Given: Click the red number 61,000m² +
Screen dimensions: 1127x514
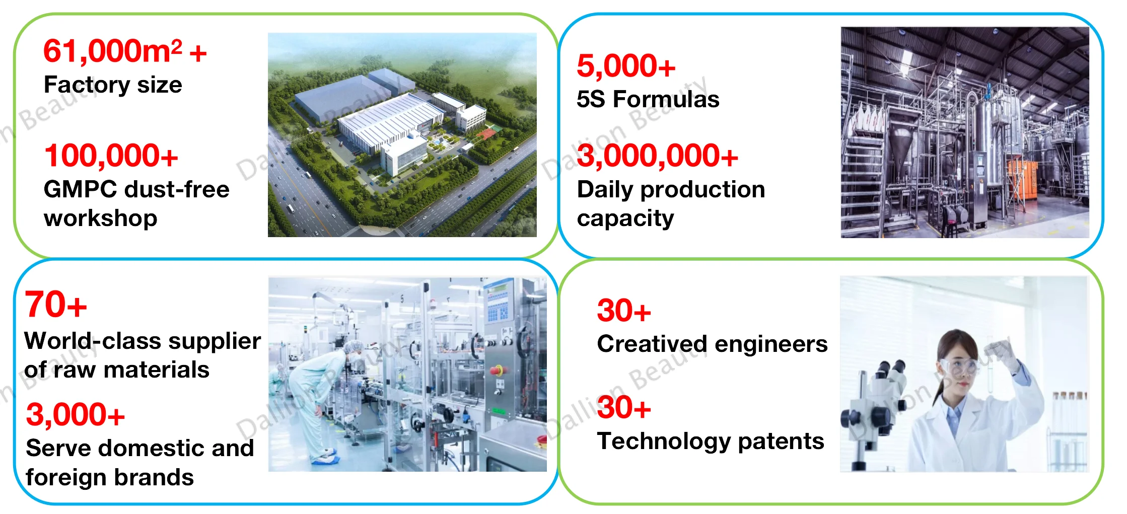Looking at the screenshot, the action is coord(125,51).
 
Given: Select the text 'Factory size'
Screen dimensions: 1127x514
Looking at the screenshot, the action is coord(113,85).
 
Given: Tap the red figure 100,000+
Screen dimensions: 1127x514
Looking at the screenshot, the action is coord(111,156).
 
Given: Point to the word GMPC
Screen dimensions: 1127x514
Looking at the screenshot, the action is coord(81,189).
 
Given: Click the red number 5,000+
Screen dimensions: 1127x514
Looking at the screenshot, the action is coord(626,66).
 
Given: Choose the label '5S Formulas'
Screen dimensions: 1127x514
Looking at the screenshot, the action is coord(648,99).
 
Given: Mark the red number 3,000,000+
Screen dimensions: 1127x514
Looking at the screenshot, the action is coord(658,156).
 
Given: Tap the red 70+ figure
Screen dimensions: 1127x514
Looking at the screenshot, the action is coord(56,305).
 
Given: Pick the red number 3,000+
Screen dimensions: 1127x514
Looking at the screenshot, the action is coord(76,414).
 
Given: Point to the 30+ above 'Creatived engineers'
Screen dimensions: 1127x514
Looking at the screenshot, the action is coord(624,310).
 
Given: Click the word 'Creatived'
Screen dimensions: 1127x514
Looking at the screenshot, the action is coord(652,344).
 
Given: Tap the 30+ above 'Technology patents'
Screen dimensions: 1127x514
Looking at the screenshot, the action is coord(624,407).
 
